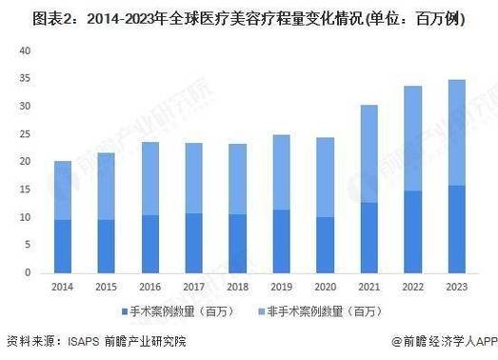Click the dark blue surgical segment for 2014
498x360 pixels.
pyautogui.click(x=62, y=246)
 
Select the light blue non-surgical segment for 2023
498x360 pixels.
pyautogui.click(x=456, y=132)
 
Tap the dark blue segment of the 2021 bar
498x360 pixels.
pyautogui.click(x=369, y=237)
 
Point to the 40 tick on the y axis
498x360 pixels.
pyautogui.click(x=26, y=52)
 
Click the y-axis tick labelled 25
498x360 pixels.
pyautogui.click(x=26, y=134)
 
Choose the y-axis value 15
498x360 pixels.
pyautogui.click(x=26, y=190)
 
